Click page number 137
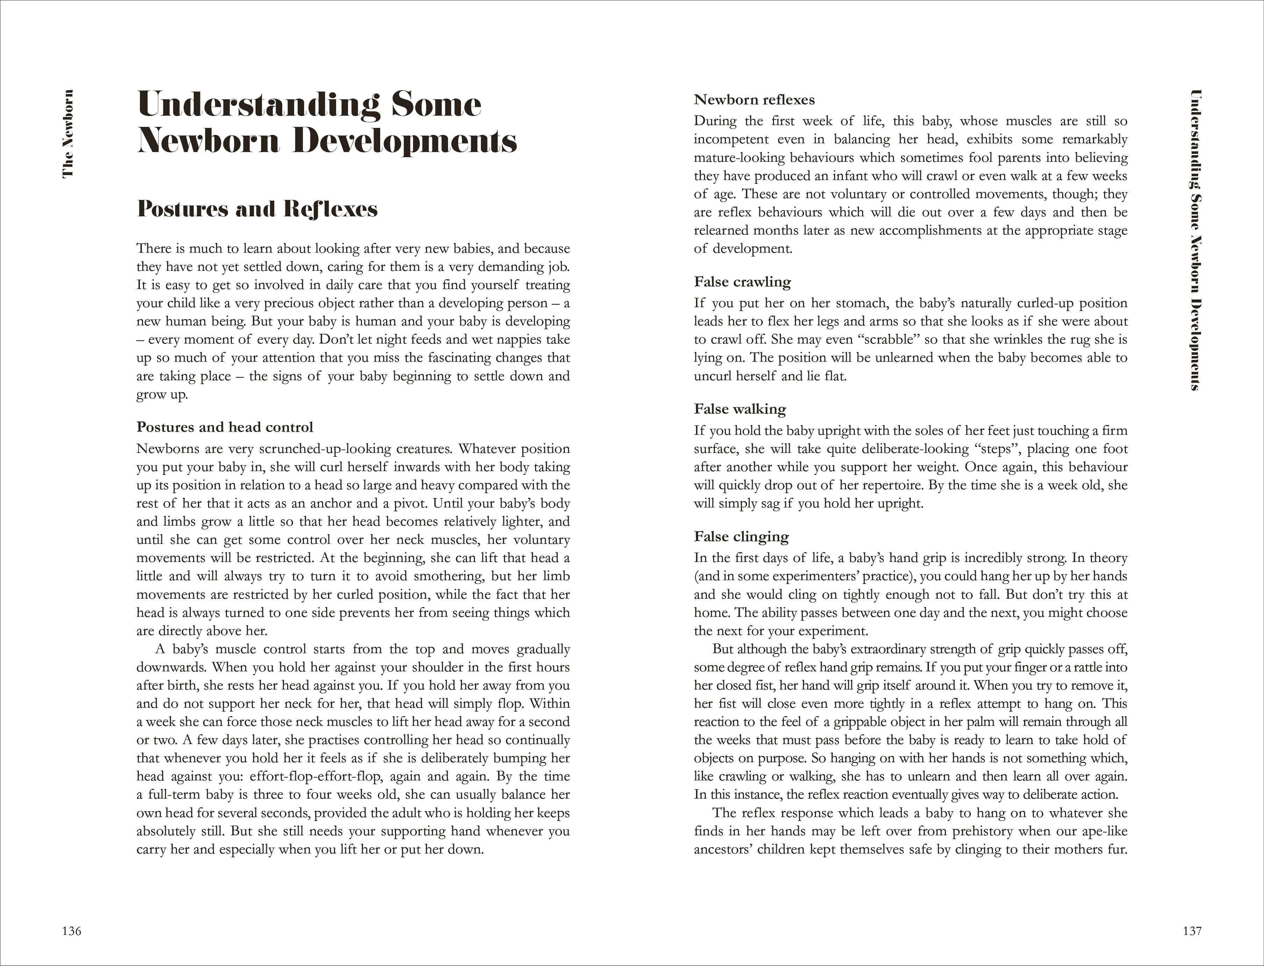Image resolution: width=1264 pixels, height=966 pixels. (x=1192, y=931)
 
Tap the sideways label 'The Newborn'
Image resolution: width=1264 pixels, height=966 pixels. (x=68, y=134)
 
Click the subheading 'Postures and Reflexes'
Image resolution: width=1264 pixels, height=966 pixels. (x=257, y=209)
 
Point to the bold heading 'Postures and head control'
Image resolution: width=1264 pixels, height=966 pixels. (x=225, y=427)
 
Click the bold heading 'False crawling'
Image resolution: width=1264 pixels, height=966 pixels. (x=742, y=282)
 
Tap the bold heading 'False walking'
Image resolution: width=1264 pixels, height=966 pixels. (x=740, y=409)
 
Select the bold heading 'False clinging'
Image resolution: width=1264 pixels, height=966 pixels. (x=741, y=536)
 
